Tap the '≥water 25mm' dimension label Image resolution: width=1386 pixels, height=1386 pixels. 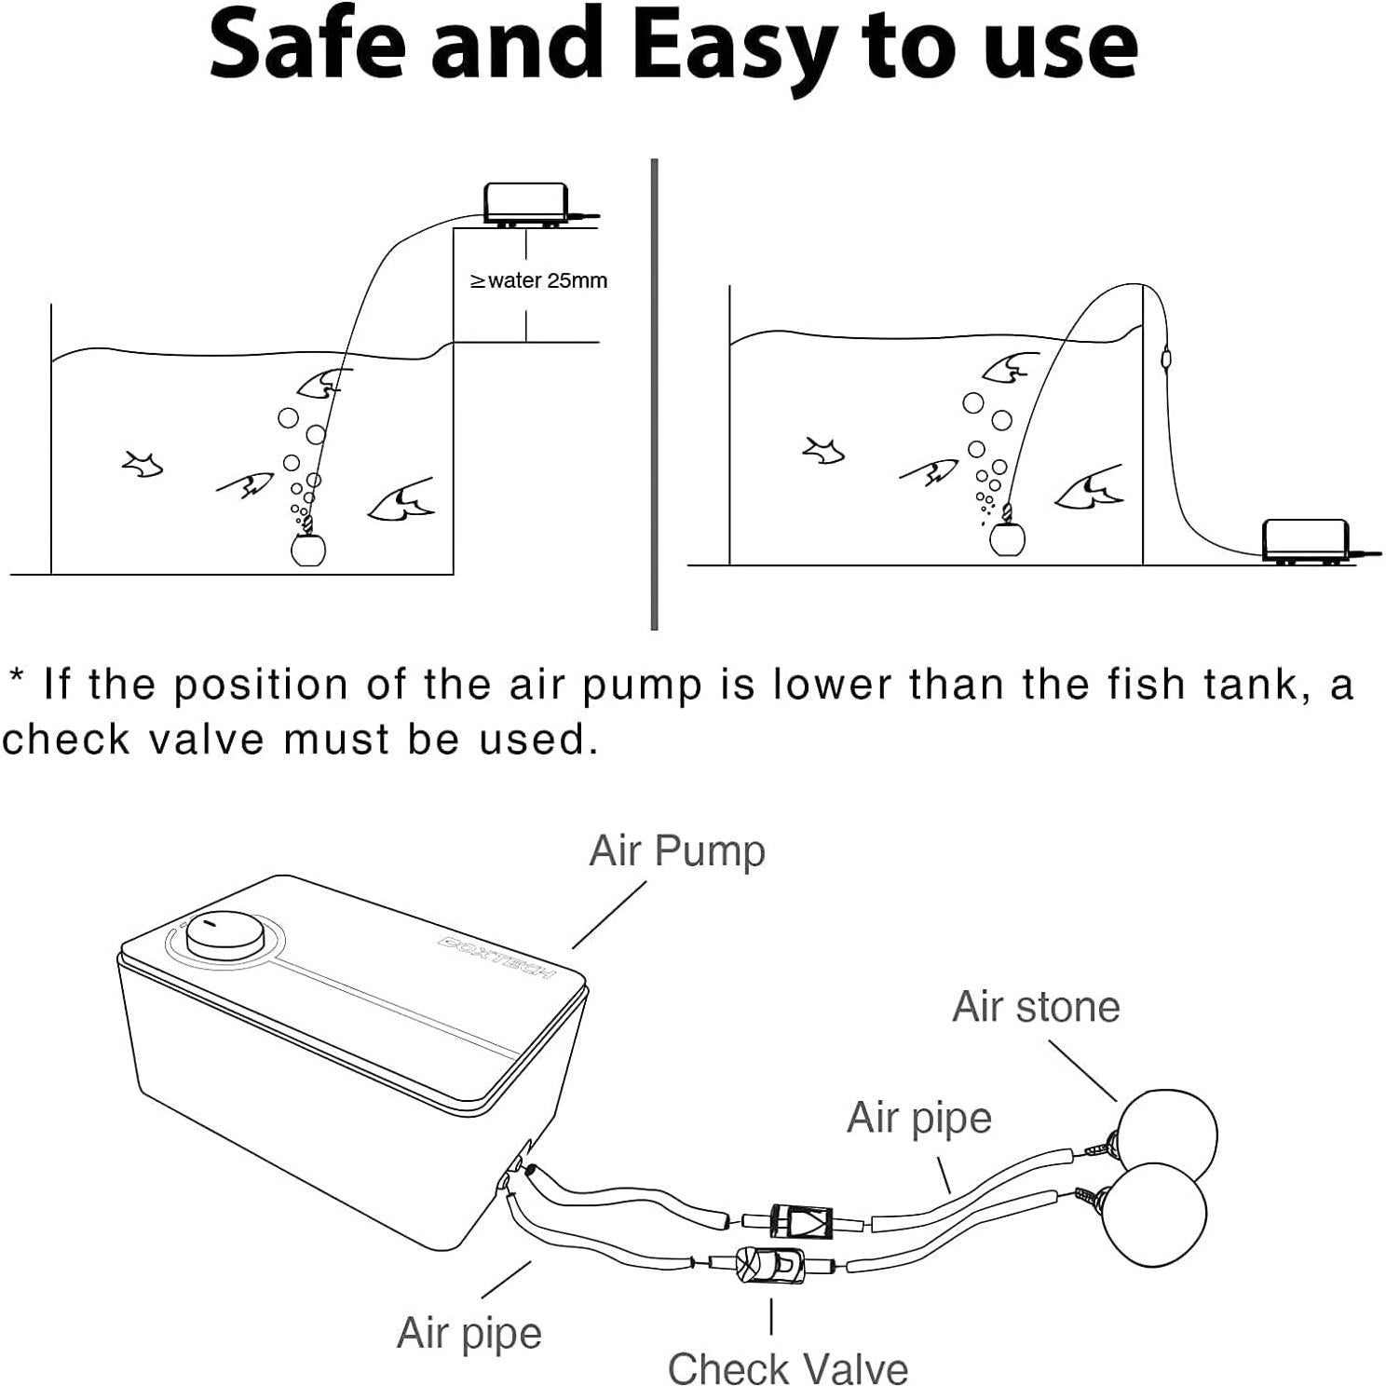click(538, 280)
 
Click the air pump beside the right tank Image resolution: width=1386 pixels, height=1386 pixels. click(1304, 540)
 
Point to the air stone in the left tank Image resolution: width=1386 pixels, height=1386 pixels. click(308, 550)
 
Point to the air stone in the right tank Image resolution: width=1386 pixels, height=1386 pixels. click(1007, 538)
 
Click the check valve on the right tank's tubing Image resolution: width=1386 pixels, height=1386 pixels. click(1165, 356)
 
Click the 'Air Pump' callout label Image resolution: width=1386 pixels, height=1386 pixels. click(677, 850)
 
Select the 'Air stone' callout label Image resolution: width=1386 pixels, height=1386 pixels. click(1036, 1007)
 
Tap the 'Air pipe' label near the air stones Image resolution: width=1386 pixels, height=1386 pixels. click(918, 1117)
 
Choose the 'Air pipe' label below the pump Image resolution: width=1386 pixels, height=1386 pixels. click(469, 1332)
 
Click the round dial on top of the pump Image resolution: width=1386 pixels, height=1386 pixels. click(224, 933)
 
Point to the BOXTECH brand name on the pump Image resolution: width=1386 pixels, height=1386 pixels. click(496, 958)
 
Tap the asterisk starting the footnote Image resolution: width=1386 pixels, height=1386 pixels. click(16, 675)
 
